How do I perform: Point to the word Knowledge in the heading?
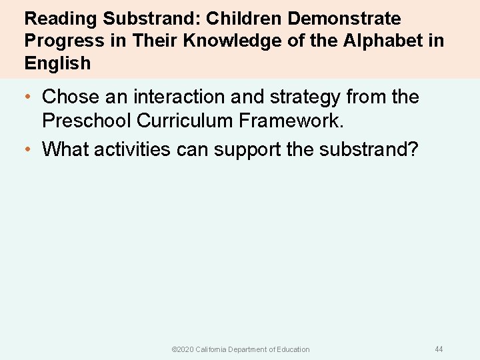click(x=227, y=41)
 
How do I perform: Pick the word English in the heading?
click(x=57, y=63)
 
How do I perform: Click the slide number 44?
click(x=439, y=349)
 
